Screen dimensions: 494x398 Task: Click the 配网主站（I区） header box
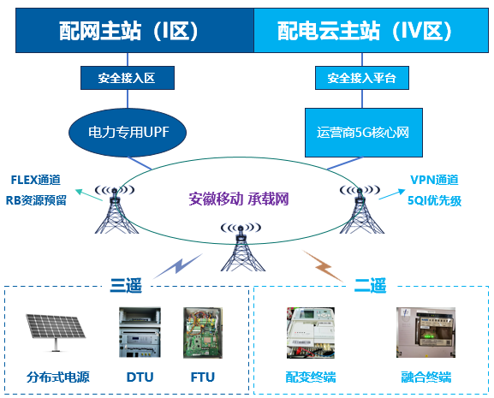tap(134, 30)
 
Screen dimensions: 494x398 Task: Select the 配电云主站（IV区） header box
tap(371, 30)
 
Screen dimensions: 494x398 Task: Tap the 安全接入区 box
tap(128, 78)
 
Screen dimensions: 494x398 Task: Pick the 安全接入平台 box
tap(362, 78)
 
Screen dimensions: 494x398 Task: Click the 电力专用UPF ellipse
tap(128, 133)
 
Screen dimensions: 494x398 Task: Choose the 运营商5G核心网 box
tap(364, 133)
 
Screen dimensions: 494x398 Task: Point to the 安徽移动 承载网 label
tap(239, 199)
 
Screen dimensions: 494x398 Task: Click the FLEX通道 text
tap(36, 180)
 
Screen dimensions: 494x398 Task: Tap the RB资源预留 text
tap(36, 200)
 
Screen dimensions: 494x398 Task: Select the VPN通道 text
tap(434, 180)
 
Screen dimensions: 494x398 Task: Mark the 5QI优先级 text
tap(434, 200)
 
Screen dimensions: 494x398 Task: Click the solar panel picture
tap(56, 332)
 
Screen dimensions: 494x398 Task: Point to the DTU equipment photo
tap(140, 332)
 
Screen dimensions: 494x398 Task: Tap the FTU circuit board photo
tap(203, 333)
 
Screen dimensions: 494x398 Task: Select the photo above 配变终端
tap(311, 333)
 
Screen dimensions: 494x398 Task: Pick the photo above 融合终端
tap(426, 332)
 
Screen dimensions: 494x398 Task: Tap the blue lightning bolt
tap(178, 266)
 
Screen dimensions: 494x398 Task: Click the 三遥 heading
tap(126, 285)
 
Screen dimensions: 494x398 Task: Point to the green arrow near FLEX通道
tap(89, 195)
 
